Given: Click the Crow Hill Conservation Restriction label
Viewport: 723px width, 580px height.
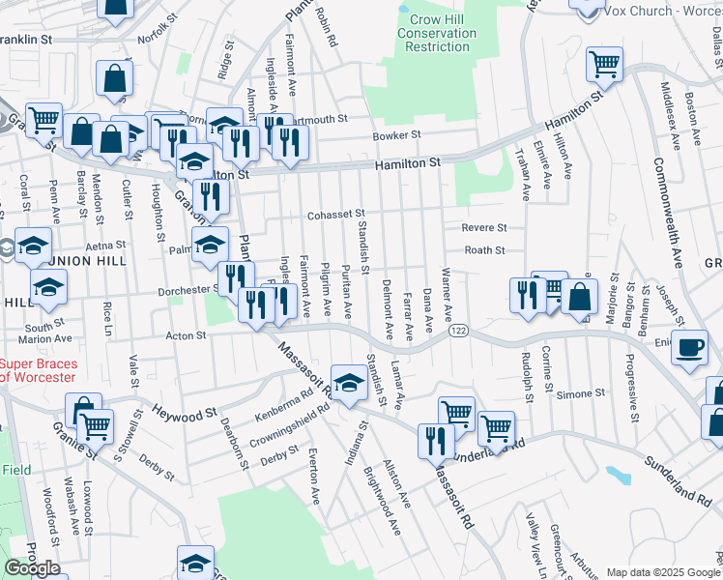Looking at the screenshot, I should point(437,33).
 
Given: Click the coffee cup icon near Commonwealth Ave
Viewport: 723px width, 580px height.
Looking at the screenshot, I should point(689,348).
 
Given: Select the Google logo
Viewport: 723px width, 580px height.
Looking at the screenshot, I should point(32,568).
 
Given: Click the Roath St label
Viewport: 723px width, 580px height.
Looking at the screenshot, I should point(485,250).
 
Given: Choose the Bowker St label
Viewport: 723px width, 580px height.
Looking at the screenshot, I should point(397,135).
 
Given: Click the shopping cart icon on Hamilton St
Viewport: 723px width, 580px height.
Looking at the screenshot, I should point(605,65).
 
